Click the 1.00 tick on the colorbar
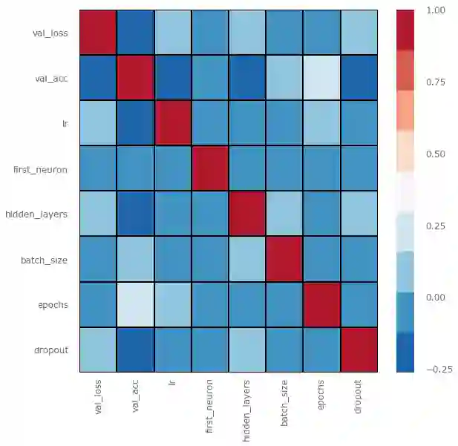(436, 10)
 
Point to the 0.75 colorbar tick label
(436, 82)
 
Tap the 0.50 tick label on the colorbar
(436, 154)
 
